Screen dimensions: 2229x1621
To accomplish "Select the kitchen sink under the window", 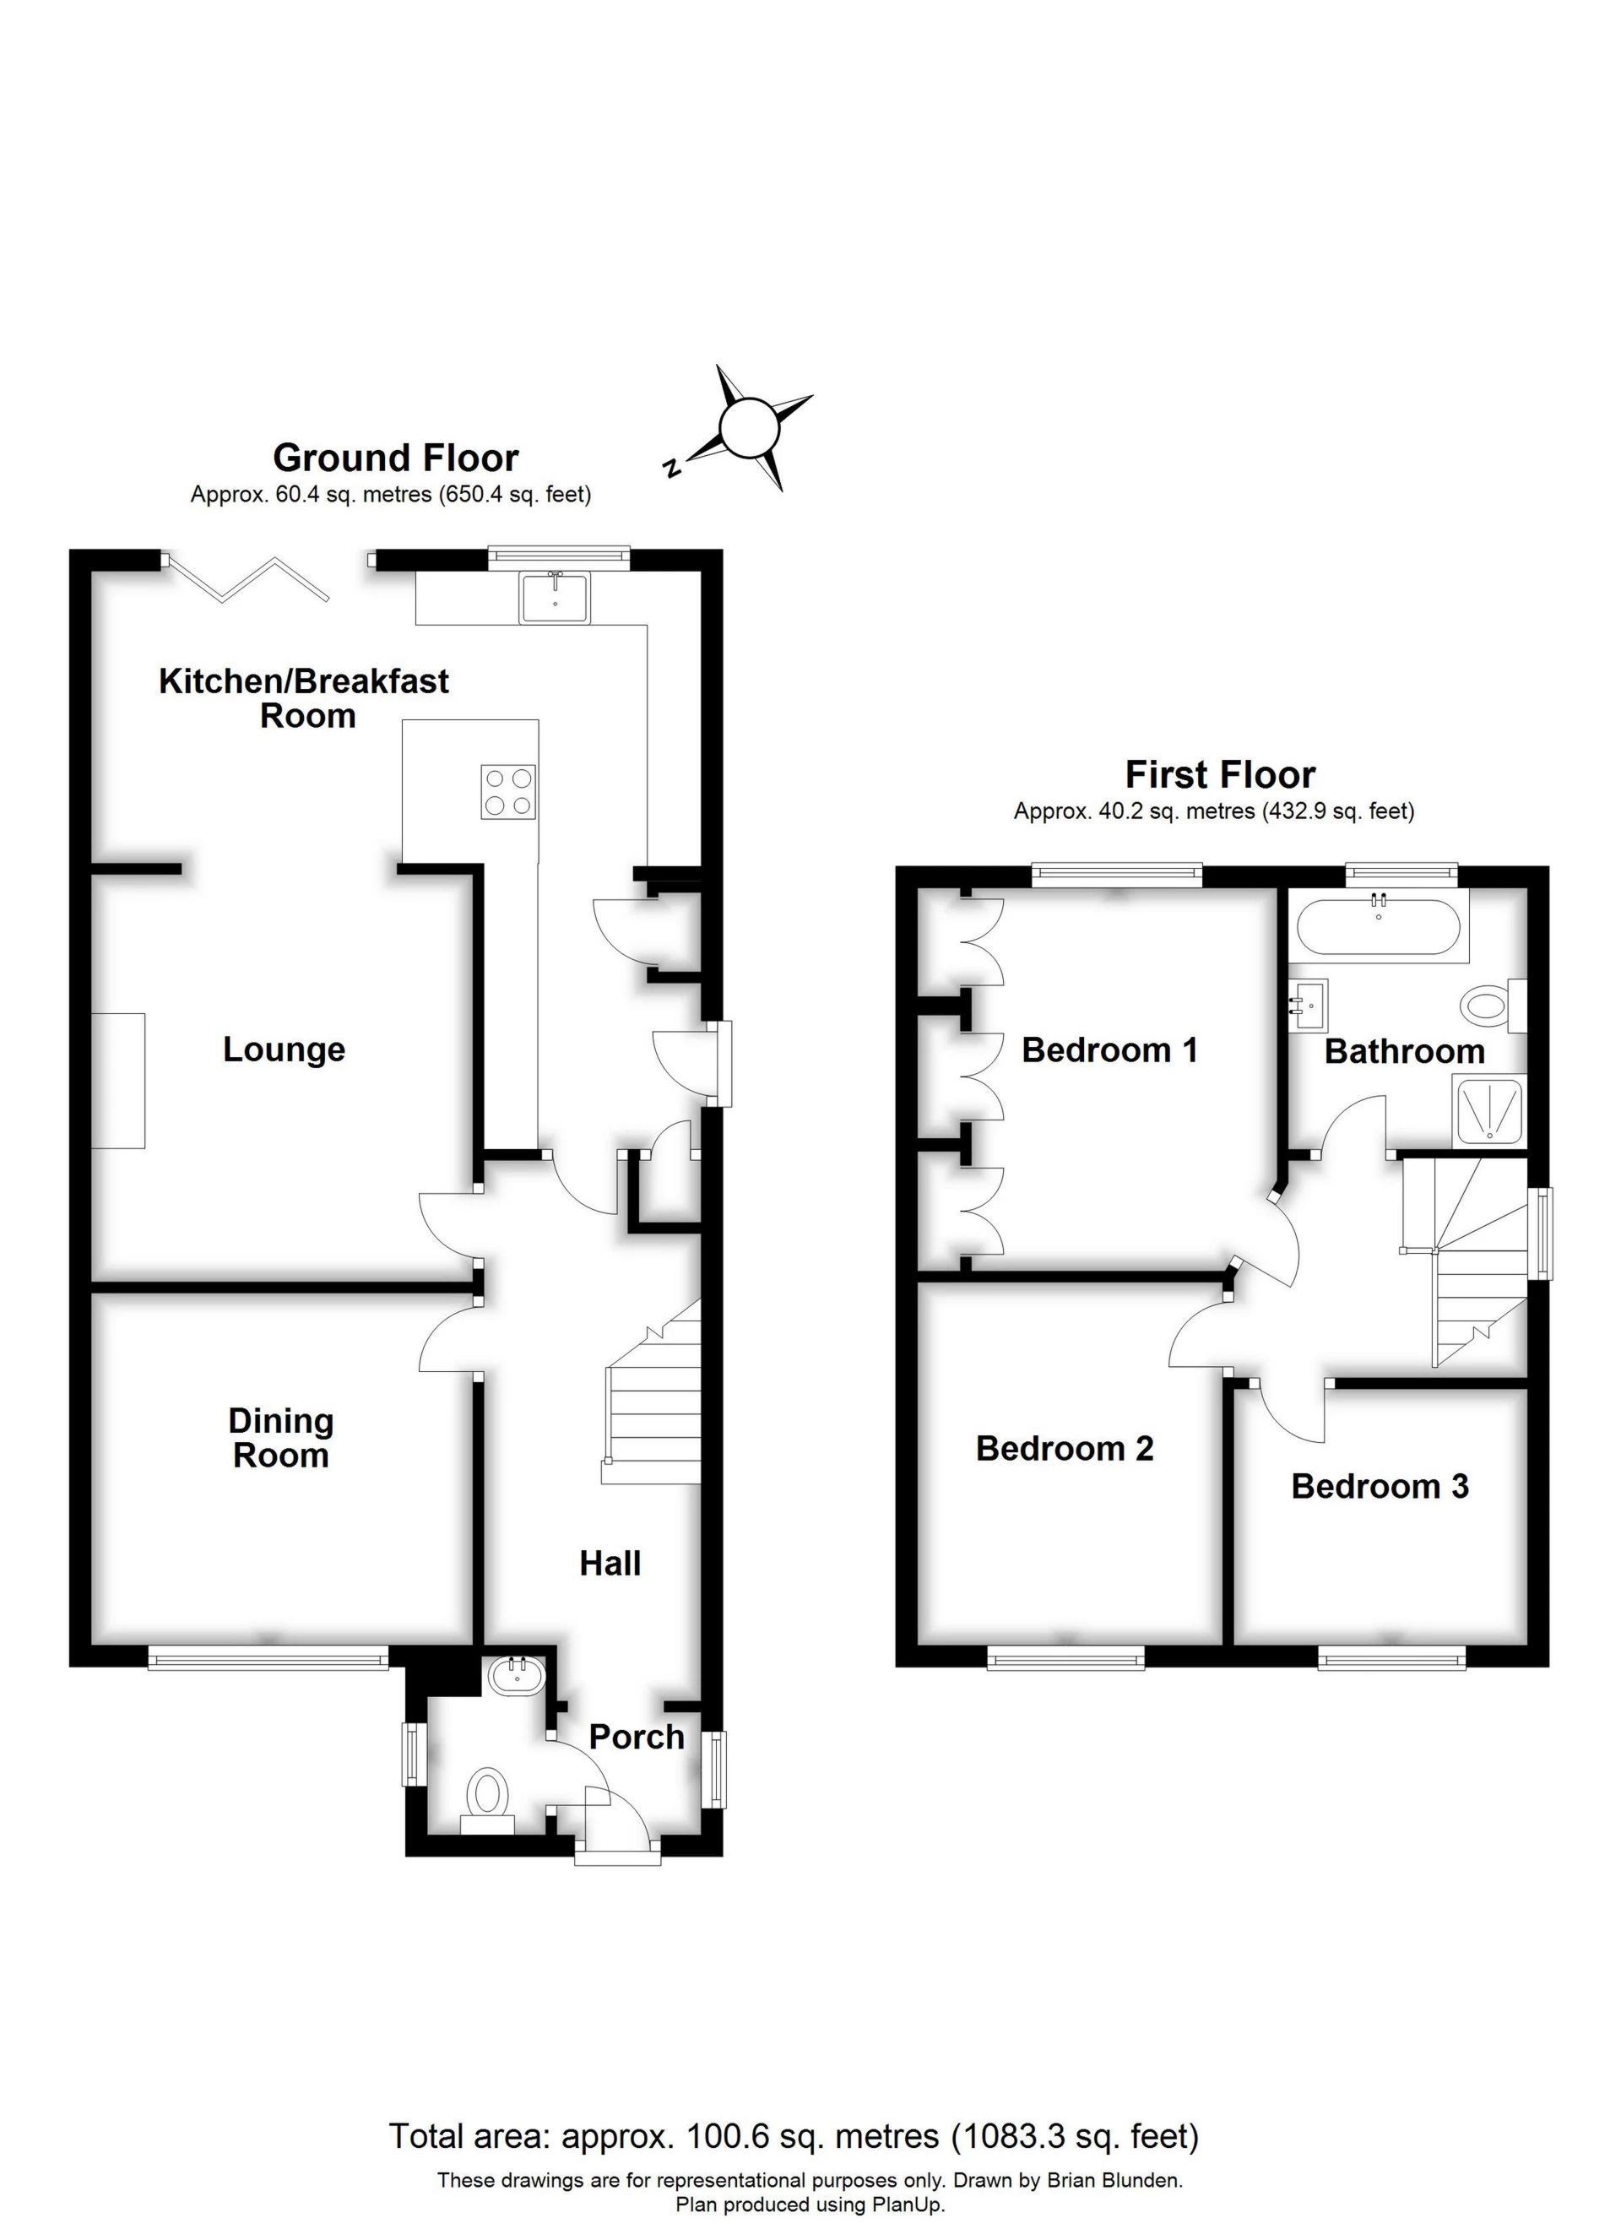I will coord(556,598).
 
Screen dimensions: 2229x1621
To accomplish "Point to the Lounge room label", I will coord(284,1049).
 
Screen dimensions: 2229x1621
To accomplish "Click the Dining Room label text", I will coord(281,1438).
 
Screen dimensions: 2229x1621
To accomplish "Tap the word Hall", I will coord(610,1564).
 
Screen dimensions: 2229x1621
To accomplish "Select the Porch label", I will coord(636,1737).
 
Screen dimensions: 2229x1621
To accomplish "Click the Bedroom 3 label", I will coord(1380,1486).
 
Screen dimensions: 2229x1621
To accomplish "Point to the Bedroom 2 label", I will coord(1065,1449).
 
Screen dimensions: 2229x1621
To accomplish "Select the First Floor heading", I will coord(1219,774).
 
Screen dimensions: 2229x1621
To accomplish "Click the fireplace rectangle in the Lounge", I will coord(119,1080).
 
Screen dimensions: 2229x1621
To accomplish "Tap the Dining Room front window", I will coord(268,1660).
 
